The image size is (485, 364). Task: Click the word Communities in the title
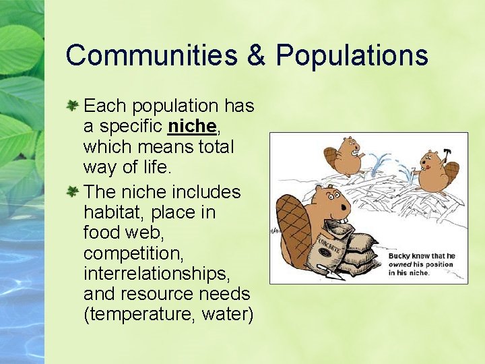pos(152,55)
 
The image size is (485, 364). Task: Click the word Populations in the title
pos(352,55)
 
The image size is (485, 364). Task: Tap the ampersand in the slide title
pos(256,55)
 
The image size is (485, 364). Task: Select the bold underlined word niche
pos(192,126)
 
